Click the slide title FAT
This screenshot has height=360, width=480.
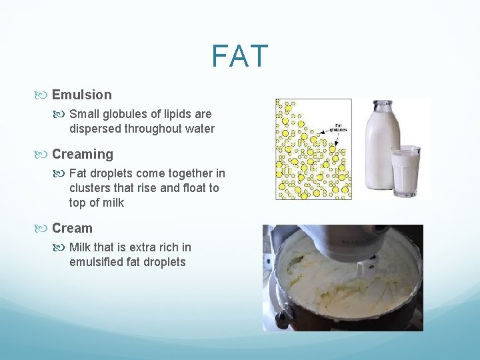(x=240, y=57)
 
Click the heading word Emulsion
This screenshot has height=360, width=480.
(x=82, y=95)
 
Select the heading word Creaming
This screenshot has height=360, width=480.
(x=83, y=154)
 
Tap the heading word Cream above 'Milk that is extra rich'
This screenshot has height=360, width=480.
(x=72, y=228)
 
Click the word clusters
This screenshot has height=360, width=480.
(x=91, y=188)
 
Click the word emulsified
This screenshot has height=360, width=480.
(x=97, y=262)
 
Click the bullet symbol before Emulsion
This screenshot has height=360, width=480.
(x=44, y=95)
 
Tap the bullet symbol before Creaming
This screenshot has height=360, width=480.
(x=44, y=154)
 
